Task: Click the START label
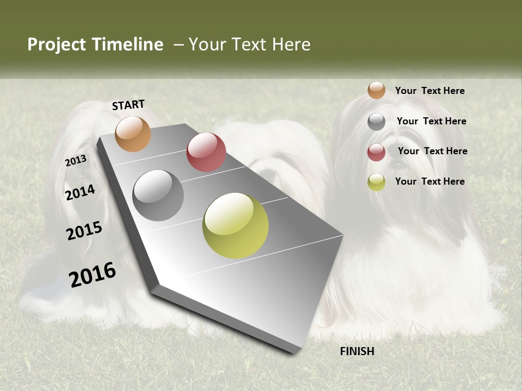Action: [x=128, y=105]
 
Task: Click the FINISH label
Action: [x=357, y=351]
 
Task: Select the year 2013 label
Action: [x=76, y=161]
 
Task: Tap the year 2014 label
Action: [x=80, y=192]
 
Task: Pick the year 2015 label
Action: [x=84, y=230]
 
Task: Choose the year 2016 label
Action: [x=92, y=275]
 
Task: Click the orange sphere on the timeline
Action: [x=133, y=134]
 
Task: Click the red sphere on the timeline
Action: [x=206, y=152]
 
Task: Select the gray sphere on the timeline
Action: [x=158, y=195]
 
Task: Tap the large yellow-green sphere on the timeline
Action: [x=235, y=225]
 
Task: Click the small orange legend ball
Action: [x=376, y=90]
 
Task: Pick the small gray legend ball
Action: [x=376, y=122]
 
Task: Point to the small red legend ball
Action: [x=376, y=152]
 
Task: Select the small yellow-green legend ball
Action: [x=376, y=182]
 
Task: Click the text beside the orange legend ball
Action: [x=430, y=91]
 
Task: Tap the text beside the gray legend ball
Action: [x=431, y=121]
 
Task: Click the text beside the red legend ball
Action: [x=432, y=151]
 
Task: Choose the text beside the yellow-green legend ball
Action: [x=430, y=181]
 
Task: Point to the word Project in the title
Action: [x=57, y=45]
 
